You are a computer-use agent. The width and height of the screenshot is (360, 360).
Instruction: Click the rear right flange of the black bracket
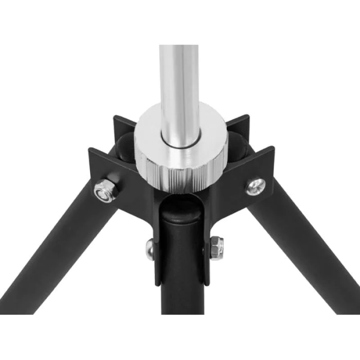click(x=238, y=124)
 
